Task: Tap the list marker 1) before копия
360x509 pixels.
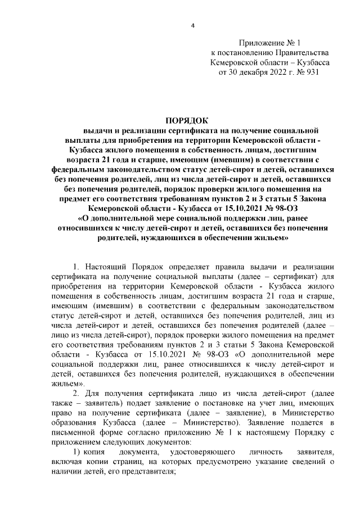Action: coord(76,452)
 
